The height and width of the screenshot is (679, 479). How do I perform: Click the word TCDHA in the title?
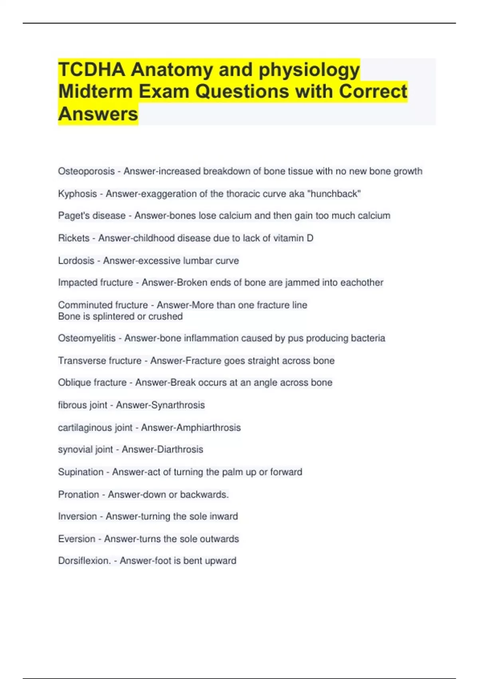[x=91, y=69]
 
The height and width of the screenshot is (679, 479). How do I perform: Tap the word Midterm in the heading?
[x=95, y=91]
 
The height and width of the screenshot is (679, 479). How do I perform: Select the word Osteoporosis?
[x=86, y=171]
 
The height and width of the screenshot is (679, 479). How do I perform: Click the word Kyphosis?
[x=77, y=194]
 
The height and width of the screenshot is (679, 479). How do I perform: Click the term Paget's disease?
[x=92, y=216]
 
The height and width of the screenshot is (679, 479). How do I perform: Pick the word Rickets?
[x=74, y=238]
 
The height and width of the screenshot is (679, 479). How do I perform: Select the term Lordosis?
[x=76, y=260]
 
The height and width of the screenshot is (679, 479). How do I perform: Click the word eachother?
[x=362, y=282]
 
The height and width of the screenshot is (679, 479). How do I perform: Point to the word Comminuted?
[x=83, y=305]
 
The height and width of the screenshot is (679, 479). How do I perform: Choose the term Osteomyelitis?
[x=87, y=338]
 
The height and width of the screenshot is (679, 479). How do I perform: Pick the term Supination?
[x=81, y=472]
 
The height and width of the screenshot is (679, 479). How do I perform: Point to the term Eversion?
[x=77, y=539]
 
